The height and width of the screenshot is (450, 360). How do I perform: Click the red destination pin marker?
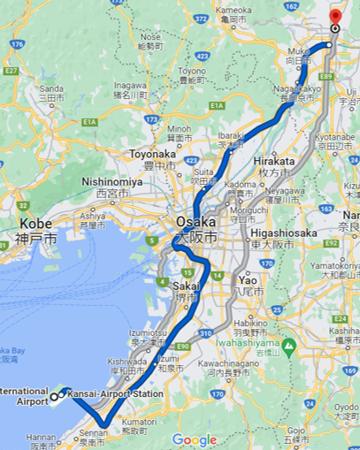click(335, 17)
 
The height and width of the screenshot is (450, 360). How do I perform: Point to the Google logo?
click(195, 439)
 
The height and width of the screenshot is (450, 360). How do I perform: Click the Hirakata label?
click(269, 161)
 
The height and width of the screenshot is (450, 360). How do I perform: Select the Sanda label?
click(52, 89)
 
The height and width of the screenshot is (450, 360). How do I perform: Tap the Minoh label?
click(179, 128)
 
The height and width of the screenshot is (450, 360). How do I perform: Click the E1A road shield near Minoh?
click(217, 106)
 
